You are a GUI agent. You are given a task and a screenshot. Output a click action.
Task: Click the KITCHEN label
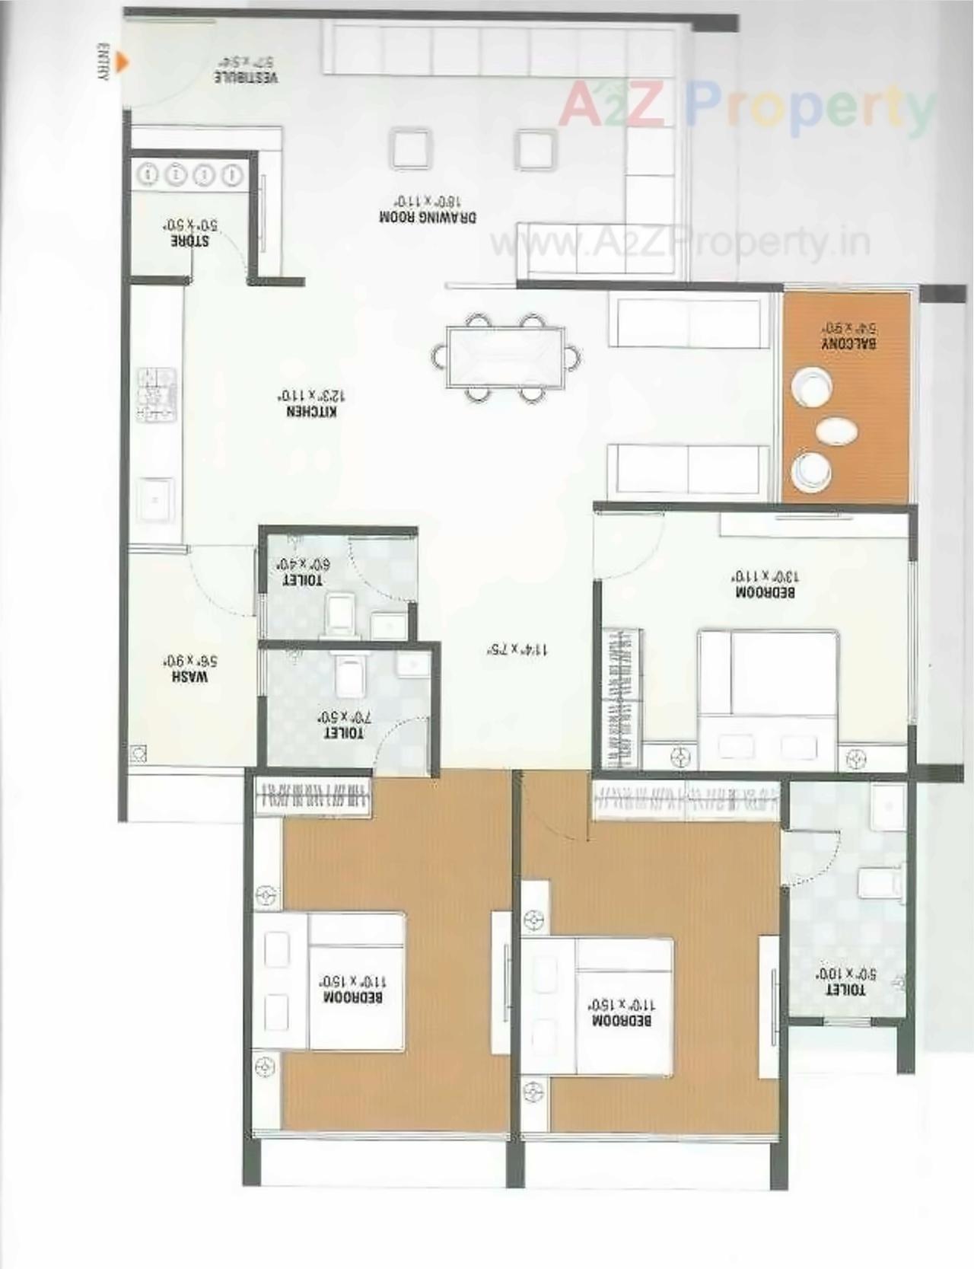(311, 403)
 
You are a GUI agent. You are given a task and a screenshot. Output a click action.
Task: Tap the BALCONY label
(848, 336)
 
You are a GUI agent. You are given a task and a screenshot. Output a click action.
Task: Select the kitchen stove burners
(157, 395)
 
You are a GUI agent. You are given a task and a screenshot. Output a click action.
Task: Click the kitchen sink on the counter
(156, 500)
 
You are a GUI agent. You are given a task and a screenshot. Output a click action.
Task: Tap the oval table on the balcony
(836, 431)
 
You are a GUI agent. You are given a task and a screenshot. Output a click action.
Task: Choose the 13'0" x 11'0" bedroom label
(765, 584)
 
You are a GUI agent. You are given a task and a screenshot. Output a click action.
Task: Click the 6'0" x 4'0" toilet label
(303, 572)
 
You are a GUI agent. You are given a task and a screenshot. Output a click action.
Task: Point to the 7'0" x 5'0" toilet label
(344, 725)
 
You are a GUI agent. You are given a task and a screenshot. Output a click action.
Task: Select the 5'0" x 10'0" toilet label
(845, 982)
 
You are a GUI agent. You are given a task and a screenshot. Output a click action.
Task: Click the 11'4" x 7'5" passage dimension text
(517, 649)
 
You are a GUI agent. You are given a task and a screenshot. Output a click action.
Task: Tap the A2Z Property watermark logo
(746, 107)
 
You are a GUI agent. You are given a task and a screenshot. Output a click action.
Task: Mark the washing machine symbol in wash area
(138, 754)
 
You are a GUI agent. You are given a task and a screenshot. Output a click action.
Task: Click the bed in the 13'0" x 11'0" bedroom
(769, 697)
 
